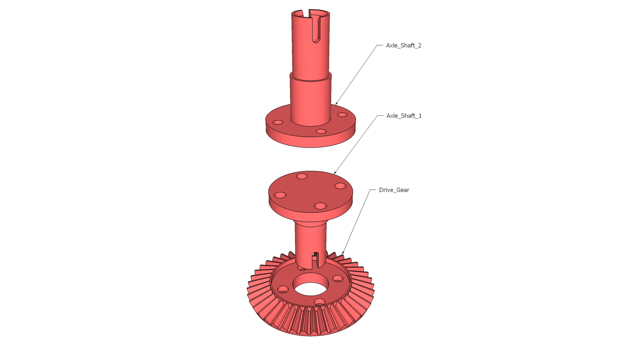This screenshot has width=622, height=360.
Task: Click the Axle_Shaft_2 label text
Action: (404, 45)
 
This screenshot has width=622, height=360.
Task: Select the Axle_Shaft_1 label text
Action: (404, 116)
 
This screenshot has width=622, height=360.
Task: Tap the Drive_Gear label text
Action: (394, 190)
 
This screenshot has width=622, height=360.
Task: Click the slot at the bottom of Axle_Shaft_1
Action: (316, 259)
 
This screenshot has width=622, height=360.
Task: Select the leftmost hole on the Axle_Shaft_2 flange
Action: (278, 122)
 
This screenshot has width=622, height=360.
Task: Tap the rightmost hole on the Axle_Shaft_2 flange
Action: (342, 114)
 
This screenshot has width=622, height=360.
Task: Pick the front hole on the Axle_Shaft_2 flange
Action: (321, 131)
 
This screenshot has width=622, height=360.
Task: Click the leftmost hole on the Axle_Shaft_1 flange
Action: (280, 195)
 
